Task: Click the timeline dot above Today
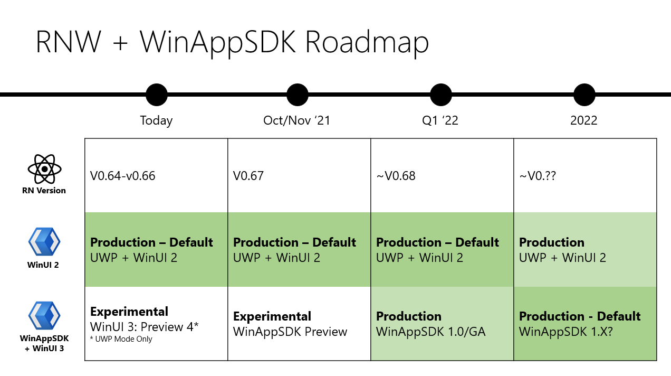[x=156, y=95]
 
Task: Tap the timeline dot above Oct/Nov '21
[x=297, y=95]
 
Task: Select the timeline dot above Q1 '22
[x=440, y=95]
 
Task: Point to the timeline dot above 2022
[x=584, y=95]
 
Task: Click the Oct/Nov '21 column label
[x=296, y=120]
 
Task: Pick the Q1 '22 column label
[x=440, y=120]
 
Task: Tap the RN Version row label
[x=44, y=191]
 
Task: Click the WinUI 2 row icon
[x=44, y=242]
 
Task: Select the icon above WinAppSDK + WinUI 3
[x=44, y=316]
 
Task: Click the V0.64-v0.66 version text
[x=123, y=176]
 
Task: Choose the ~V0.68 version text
[x=396, y=176]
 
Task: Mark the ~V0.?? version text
[x=538, y=176]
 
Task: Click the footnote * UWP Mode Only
[x=121, y=339]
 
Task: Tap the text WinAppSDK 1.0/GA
[x=430, y=332]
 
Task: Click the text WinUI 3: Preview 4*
[x=144, y=326]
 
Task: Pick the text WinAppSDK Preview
[x=290, y=332]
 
